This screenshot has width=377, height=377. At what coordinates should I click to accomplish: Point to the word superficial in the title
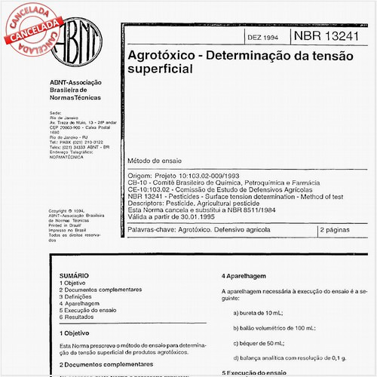(x=161, y=68)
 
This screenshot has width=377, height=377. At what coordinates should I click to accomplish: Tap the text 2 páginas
(x=333, y=228)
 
